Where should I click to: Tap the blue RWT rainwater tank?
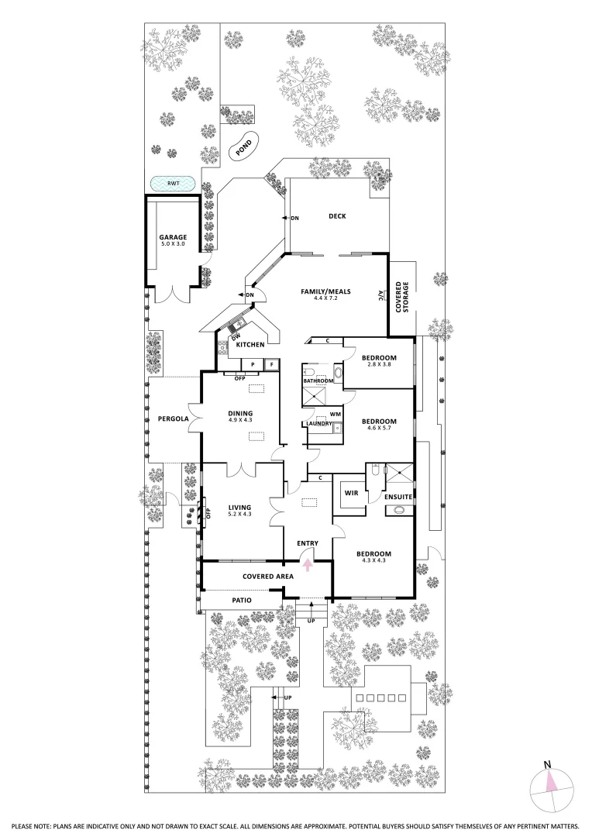point(173,184)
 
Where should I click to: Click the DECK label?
point(336,217)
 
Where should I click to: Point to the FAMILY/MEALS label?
point(325,292)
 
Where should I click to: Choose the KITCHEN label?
point(250,343)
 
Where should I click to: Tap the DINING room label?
point(240,413)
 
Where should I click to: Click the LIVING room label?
point(239,507)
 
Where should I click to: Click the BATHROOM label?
point(318,381)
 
